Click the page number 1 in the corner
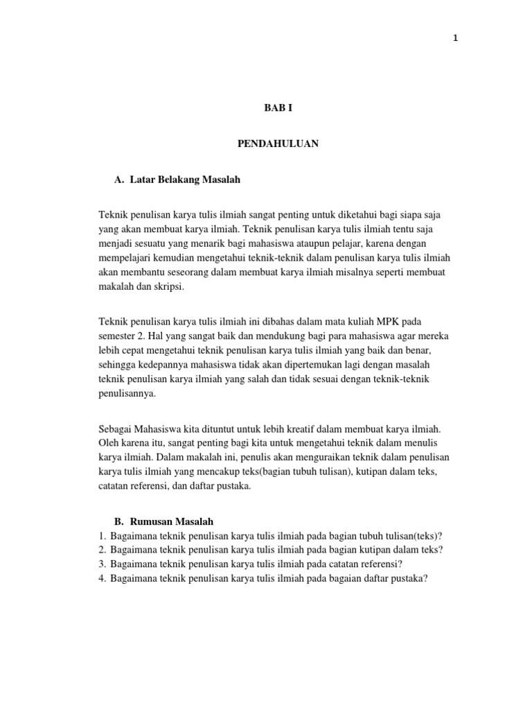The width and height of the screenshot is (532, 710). [455, 39]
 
